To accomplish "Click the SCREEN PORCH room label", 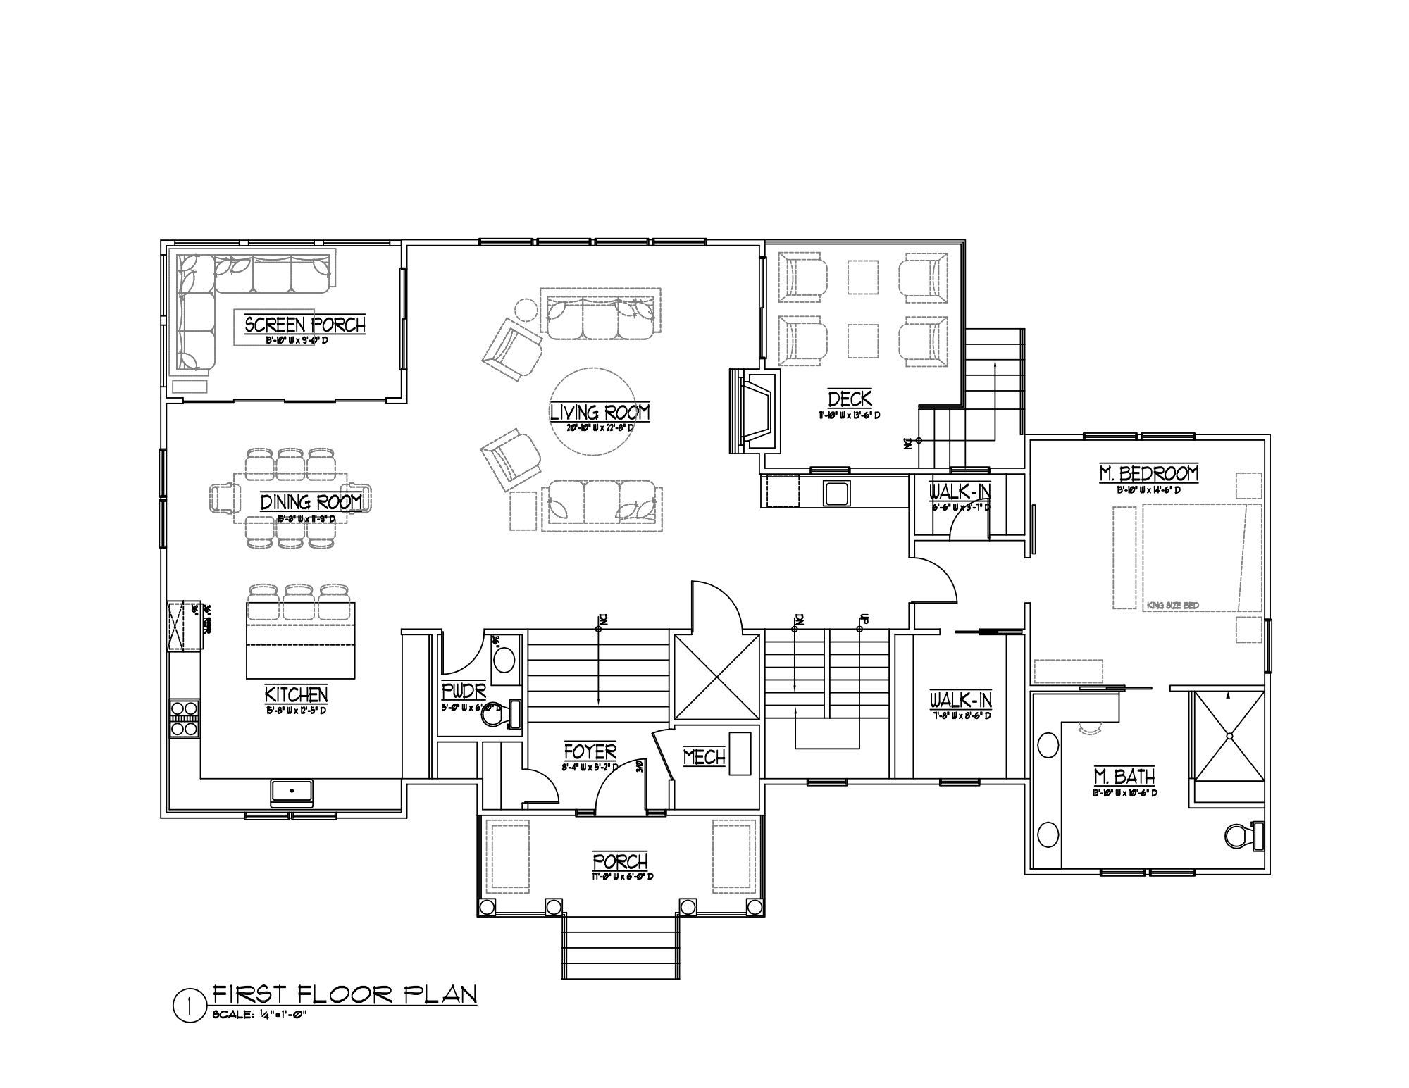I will [x=305, y=325].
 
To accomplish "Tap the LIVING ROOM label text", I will [x=600, y=412].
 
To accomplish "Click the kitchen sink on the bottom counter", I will [x=292, y=792].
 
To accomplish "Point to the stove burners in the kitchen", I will [x=184, y=718].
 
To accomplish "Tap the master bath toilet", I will [x=1243, y=836].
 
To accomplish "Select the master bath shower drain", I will [x=1228, y=737].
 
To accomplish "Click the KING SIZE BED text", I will [x=1172, y=605].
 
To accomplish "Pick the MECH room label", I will [x=704, y=757].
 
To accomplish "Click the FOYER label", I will [x=590, y=751].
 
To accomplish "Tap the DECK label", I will [x=850, y=399].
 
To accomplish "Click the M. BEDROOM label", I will [x=1148, y=473].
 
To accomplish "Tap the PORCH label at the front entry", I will [x=620, y=861].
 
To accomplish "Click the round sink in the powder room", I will [x=504, y=661].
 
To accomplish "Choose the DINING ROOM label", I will [x=311, y=502].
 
